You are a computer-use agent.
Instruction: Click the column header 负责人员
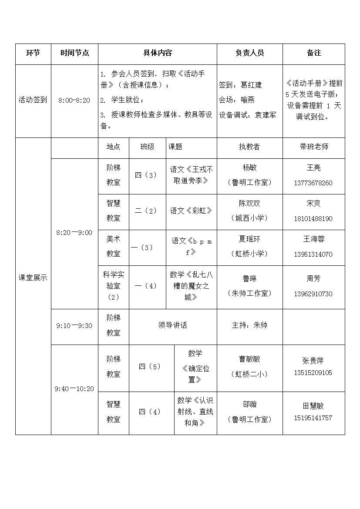(249, 53)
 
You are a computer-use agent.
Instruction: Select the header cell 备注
(313, 53)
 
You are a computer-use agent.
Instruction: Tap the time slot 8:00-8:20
(74, 100)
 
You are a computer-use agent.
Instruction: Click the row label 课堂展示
(33, 278)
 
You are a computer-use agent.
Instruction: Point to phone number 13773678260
(313, 183)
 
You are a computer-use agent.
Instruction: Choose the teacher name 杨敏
(249, 167)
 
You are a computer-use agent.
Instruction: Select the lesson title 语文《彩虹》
(192, 211)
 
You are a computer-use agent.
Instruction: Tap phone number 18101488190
(313, 219)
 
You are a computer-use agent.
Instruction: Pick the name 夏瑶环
(249, 239)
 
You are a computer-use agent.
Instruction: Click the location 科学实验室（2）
(113, 286)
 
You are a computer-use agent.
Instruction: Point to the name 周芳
(313, 278)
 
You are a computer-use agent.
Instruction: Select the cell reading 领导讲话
(172, 325)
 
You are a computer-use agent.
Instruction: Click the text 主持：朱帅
(249, 325)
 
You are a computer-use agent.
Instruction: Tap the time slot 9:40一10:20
(74, 389)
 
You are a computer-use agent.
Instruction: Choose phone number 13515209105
(313, 373)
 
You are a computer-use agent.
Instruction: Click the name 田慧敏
(313, 406)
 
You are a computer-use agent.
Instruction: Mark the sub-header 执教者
(249, 147)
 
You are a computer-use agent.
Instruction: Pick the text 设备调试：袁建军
(247, 115)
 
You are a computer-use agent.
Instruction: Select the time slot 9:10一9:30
(74, 325)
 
